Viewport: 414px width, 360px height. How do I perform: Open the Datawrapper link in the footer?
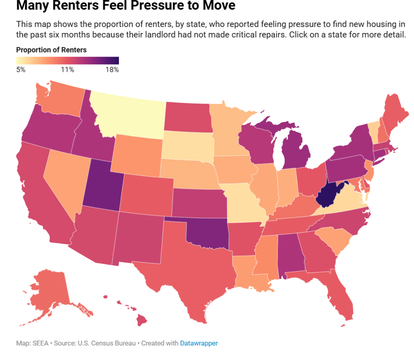[199, 343]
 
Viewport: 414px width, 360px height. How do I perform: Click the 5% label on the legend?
[21, 69]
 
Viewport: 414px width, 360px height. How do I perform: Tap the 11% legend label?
[67, 69]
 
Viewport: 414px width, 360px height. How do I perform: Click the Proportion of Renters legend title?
[51, 50]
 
